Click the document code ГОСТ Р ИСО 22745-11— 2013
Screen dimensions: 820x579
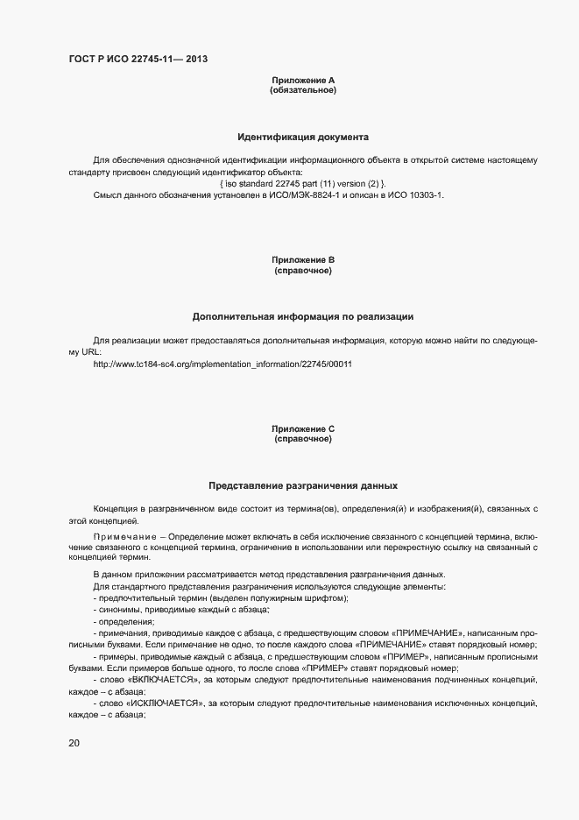tap(138, 59)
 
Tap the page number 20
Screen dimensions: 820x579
tap(74, 744)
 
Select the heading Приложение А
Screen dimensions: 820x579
tap(303, 81)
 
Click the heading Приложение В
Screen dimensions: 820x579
tap(303, 260)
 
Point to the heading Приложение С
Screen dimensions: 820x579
tap(303, 428)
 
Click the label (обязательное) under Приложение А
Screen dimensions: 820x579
tap(303, 90)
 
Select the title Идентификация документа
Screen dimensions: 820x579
tap(303, 137)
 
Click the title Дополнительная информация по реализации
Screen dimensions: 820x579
tap(303, 316)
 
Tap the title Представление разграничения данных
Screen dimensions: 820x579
tap(303, 484)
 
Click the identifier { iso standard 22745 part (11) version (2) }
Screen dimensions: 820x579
tap(303, 182)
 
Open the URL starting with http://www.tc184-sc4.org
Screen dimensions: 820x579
tap(222, 364)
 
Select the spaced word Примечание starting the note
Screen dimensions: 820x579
tap(124, 535)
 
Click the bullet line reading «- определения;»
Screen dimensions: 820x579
tap(123, 621)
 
